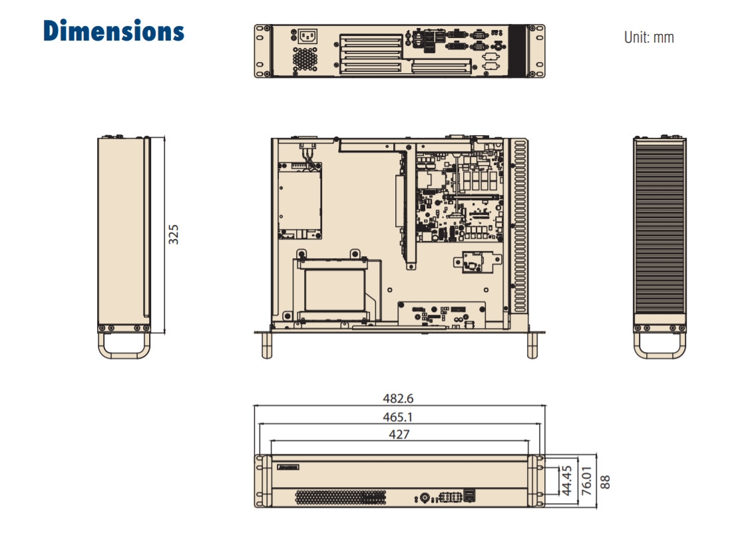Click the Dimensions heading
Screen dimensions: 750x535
[x=114, y=31]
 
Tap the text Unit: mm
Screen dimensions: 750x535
[x=649, y=37]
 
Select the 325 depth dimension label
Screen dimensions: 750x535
[x=173, y=234]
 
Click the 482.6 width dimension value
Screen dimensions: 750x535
[x=398, y=399]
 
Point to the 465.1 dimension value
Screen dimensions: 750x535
[x=397, y=417]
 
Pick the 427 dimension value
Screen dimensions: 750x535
[x=399, y=434]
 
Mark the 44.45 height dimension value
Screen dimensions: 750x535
[x=566, y=480]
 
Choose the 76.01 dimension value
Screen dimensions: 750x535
[x=586, y=480]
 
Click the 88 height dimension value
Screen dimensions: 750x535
[x=605, y=482]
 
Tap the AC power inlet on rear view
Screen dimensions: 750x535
[x=307, y=37]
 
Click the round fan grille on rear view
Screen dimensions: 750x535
[x=305, y=59]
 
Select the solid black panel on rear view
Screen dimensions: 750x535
[x=516, y=51]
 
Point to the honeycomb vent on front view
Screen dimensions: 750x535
[x=341, y=497]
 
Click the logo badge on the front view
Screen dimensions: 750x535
[x=288, y=466]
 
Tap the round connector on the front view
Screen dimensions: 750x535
[x=425, y=498]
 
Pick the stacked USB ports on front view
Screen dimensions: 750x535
[x=470, y=496]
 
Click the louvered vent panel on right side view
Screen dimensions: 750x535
[x=659, y=227]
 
